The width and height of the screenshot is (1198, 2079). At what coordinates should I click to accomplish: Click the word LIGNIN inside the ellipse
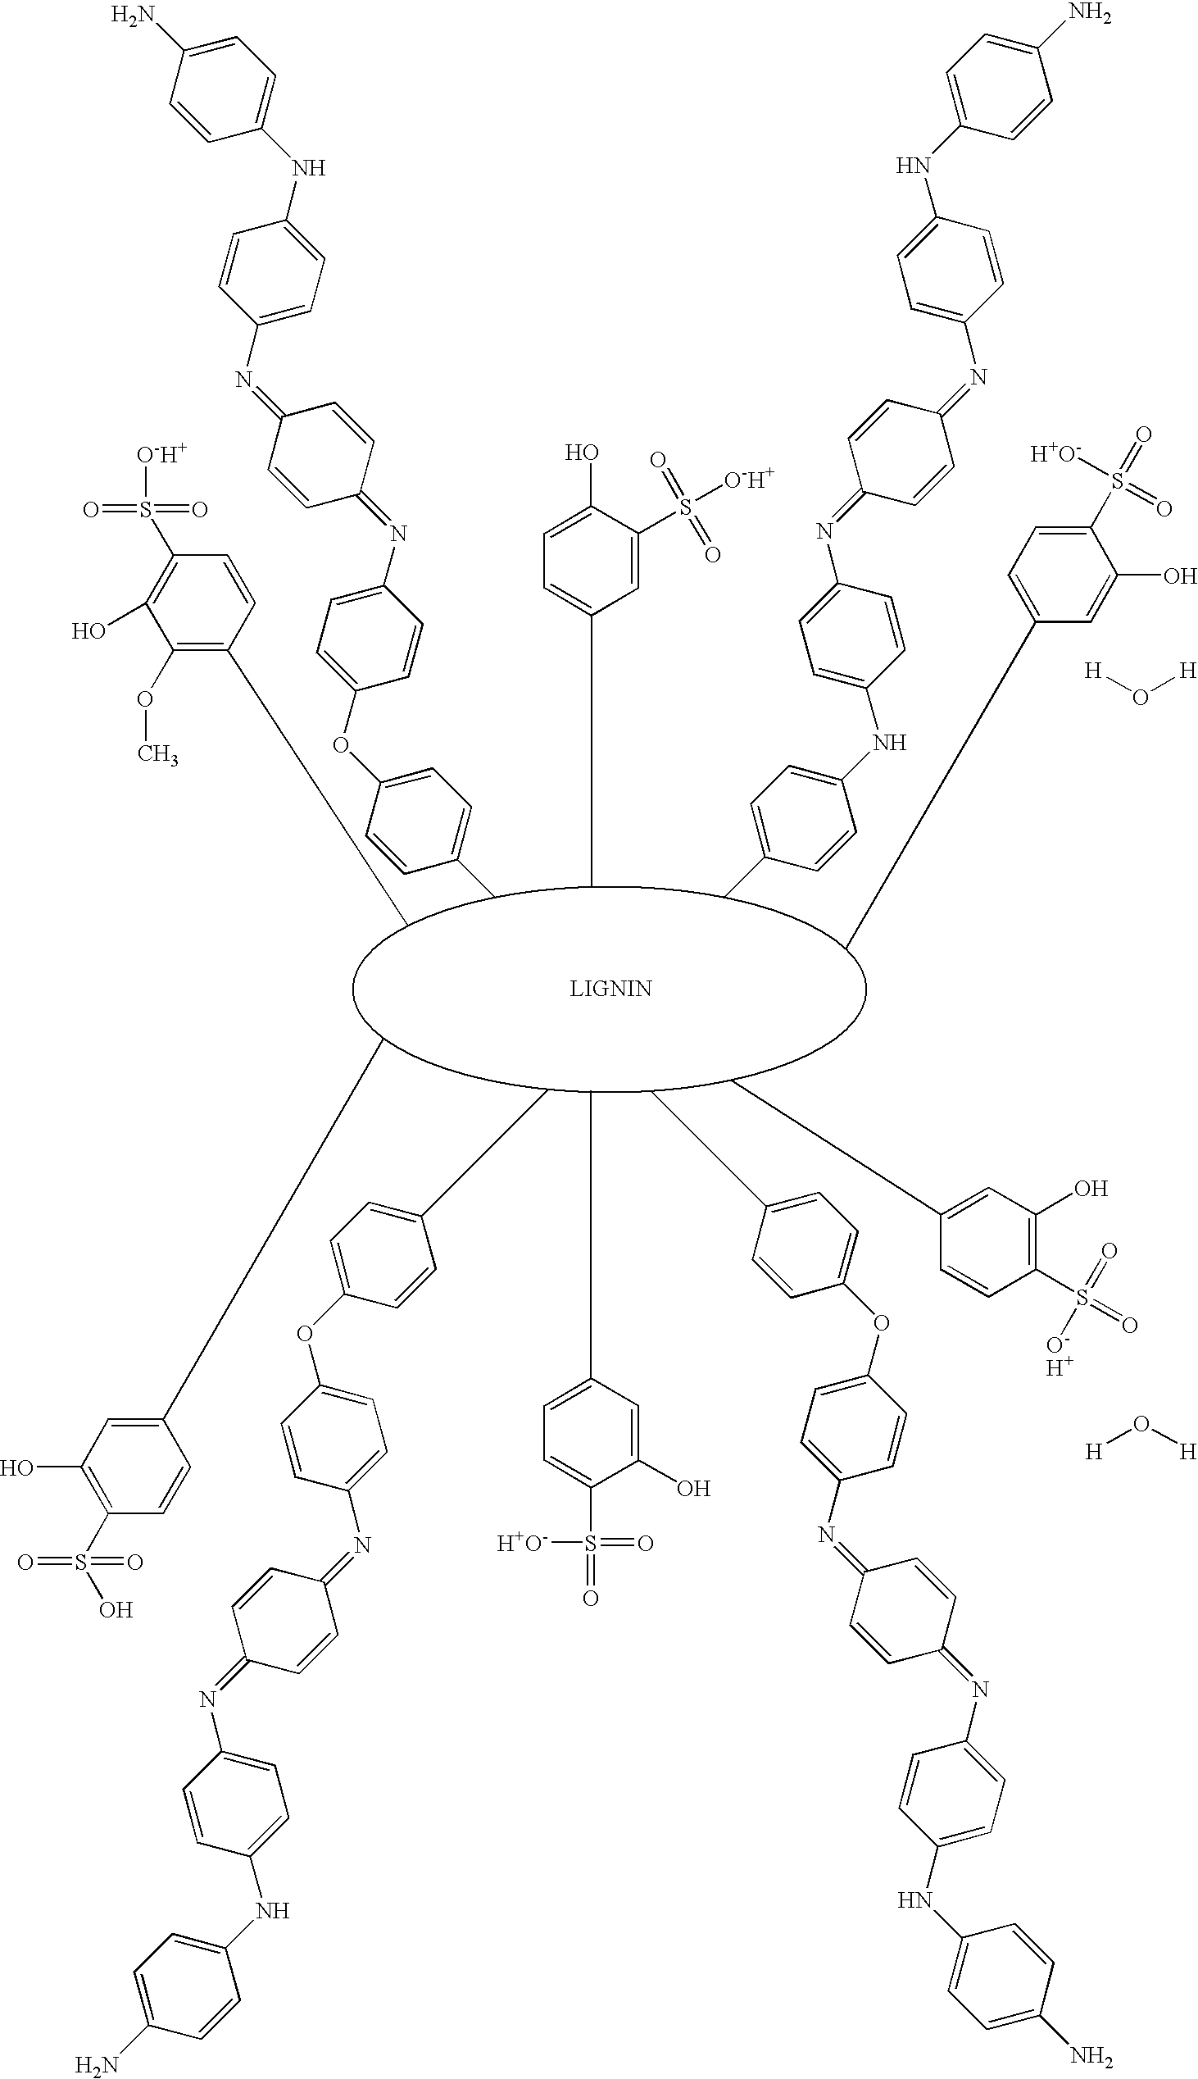[x=610, y=989]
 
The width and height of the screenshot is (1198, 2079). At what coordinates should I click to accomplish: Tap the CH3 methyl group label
[x=157, y=754]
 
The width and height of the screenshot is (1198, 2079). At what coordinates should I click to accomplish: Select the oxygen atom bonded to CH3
[x=145, y=699]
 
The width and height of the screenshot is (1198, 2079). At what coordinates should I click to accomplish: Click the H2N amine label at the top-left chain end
[x=132, y=19]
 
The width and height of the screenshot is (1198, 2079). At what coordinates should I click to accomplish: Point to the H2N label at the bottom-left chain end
[x=97, y=2060]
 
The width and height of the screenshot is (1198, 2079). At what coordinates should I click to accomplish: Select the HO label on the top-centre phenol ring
[x=581, y=453]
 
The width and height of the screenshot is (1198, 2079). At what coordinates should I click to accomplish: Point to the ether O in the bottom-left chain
[x=305, y=1332]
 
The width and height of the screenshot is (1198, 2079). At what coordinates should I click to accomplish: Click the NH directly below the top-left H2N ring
[x=310, y=169]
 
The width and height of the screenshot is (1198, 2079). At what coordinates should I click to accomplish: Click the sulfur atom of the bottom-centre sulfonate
[x=590, y=1544]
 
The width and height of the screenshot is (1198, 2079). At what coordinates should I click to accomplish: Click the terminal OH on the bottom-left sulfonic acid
[x=116, y=1611]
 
